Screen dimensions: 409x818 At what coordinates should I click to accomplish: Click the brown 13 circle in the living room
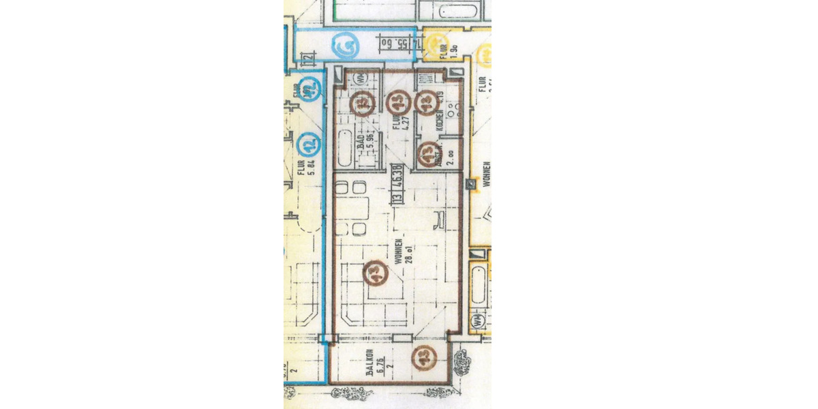[375, 273]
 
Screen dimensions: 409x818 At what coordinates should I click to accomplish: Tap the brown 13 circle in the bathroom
[363, 103]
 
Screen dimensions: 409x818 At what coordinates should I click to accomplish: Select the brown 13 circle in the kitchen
[426, 102]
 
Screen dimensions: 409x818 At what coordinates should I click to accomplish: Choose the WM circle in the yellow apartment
[478, 319]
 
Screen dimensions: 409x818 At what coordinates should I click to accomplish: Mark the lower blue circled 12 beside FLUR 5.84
[311, 144]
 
